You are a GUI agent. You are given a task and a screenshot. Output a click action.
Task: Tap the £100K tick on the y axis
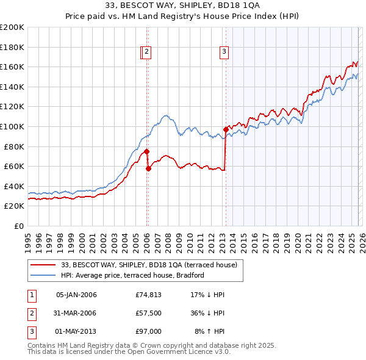(x=12, y=126)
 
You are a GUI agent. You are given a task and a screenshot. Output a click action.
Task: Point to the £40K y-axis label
(x=14, y=186)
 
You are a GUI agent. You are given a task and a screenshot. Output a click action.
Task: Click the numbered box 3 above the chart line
(x=224, y=52)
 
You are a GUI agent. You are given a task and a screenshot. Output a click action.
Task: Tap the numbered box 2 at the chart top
(x=148, y=52)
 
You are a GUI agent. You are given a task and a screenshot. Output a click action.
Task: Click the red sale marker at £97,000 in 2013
(x=226, y=129)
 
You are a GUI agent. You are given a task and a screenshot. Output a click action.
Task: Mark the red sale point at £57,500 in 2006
(x=148, y=168)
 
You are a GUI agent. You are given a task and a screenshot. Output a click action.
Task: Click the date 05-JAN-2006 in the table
(x=76, y=295)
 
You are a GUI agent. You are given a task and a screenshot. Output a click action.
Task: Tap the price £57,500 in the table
(x=148, y=313)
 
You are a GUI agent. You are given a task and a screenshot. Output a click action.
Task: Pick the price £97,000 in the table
(x=148, y=331)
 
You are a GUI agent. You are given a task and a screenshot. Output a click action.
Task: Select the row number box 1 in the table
(x=30, y=295)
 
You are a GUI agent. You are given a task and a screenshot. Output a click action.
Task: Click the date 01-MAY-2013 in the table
(x=76, y=331)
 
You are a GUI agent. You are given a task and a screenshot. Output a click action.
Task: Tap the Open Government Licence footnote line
(x=129, y=352)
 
